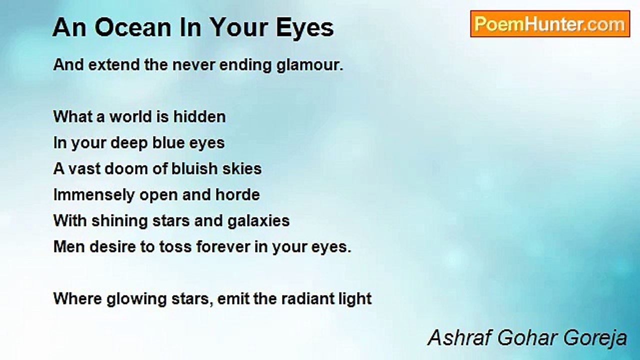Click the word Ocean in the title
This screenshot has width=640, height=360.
click(133, 28)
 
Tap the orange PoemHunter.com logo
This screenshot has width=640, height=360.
click(550, 24)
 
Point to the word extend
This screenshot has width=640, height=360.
click(114, 65)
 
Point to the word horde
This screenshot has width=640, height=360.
click(237, 195)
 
